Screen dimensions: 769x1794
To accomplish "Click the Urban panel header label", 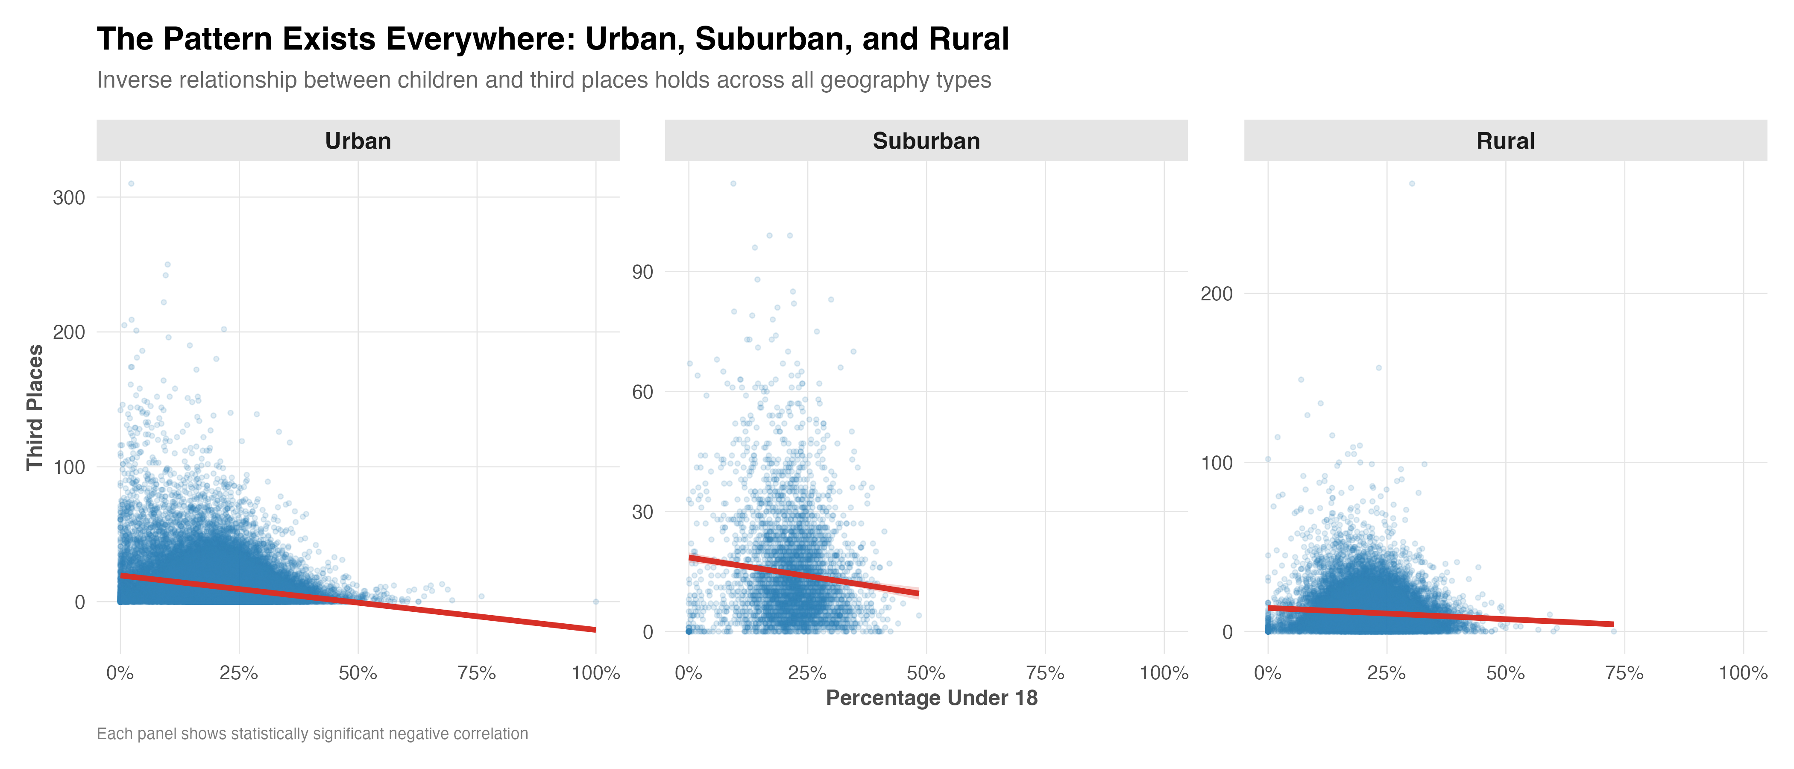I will pyautogui.click(x=358, y=141).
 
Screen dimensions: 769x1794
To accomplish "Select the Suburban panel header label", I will pyautogui.click(x=926, y=141).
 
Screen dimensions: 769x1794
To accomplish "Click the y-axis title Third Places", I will pyautogui.click(x=35, y=408).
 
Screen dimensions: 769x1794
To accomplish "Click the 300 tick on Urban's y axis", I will pyautogui.click(x=69, y=198).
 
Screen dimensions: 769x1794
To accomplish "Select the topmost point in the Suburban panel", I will pyautogui.click(x=733, y=184).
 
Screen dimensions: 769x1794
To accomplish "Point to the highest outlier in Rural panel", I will pyautogui.click(x=1412, y=184).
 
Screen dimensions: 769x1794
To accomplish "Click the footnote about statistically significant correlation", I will pyautogui.click(x=312, y=734).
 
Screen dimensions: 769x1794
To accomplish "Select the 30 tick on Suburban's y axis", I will pyautogui.click(x=642, y=512).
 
